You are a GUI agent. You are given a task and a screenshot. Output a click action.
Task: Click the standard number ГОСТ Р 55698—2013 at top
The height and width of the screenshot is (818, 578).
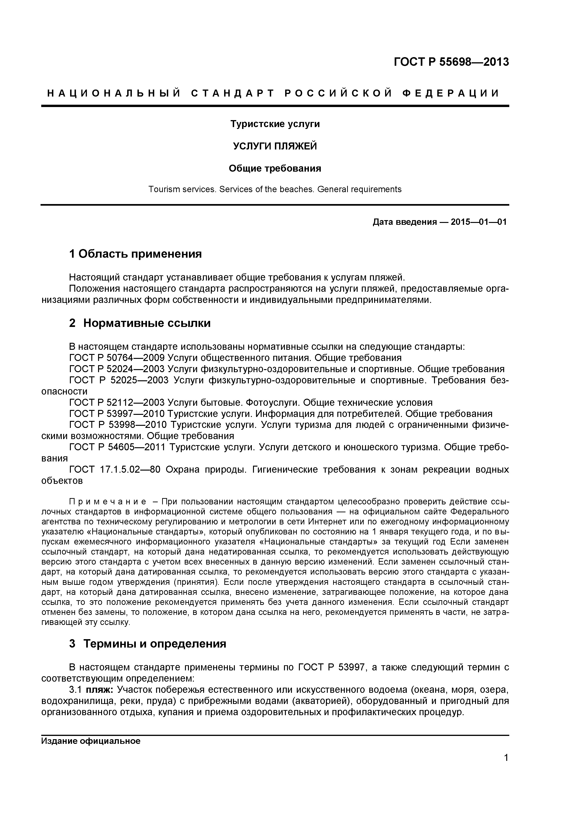pyautogui.click(x=451, y=62)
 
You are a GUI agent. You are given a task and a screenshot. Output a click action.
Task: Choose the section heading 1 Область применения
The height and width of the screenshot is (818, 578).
pyautogui.click(x=135, y=254)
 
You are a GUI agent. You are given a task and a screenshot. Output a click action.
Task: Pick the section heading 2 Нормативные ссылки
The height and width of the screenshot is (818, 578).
pyautogui.click(x=140, y=323)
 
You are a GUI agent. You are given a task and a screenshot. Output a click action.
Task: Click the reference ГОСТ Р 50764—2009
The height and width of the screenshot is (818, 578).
pyautogui.click(x=117, y=358)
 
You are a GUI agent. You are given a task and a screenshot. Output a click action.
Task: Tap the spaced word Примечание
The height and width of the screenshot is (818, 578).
pyautogui.click(x=107, y=502)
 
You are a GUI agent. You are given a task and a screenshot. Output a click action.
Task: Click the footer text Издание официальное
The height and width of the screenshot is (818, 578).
pyautogui.click(x=91, y=742)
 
